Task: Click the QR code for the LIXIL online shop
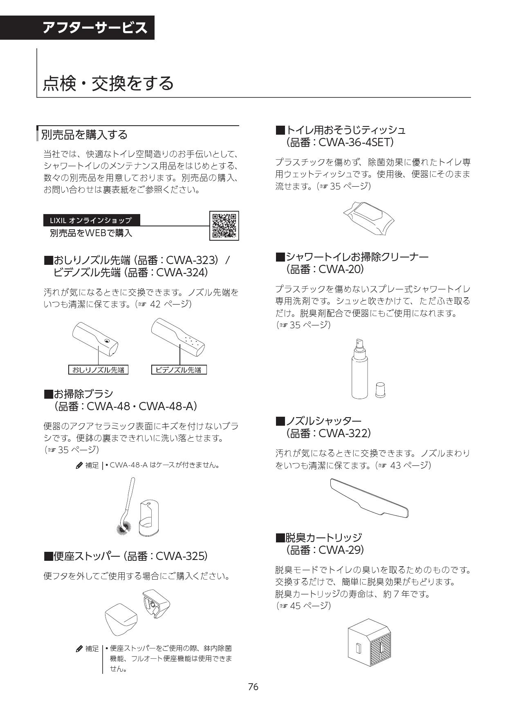point(224,226)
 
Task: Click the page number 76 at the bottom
point(253,687)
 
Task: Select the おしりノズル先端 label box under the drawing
point(98,370)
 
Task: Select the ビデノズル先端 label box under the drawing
point(179,370)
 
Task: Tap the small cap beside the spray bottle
point(380,390)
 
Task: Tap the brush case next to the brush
point(148,518)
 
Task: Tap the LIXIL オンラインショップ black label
point(92,220)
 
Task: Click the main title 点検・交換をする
point(108,83)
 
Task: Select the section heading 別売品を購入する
point(84,134)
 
